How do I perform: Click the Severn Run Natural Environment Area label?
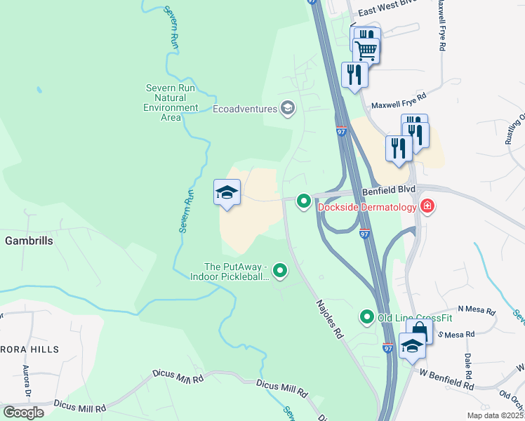click(x=171, y=102)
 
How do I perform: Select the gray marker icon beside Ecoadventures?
click(x=287, y=108)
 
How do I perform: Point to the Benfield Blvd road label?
click(x=389, y=190)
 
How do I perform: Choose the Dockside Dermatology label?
click(x=366, y=207)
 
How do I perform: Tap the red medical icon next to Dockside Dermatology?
click(x=426, y=206)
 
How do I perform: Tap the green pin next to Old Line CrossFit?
click(x=366, y=317)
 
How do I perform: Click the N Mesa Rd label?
click(x=477, y=309)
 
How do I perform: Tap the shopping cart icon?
click(x=366, y=50)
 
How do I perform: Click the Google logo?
click(x=23, y=413)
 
